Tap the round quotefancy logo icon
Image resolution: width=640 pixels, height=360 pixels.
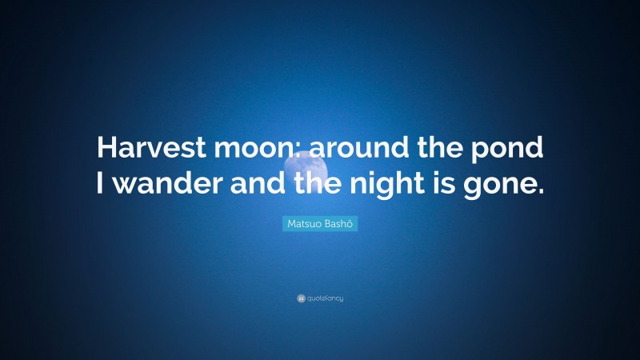[301, 298]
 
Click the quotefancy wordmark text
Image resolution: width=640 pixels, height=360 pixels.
[325, 298]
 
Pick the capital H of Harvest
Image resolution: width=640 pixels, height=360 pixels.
[106, 148]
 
